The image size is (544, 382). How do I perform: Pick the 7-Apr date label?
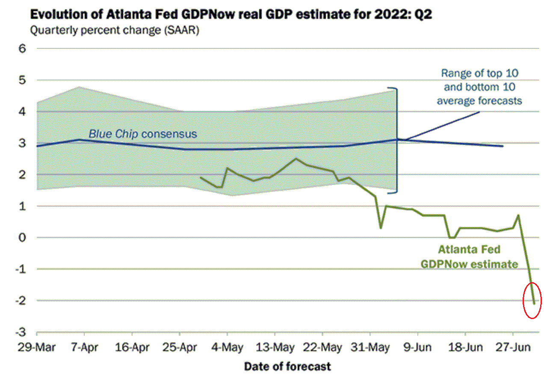pos(84,347)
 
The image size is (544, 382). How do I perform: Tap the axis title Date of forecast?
pos(287,367)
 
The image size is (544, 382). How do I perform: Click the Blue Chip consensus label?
pos(143,134)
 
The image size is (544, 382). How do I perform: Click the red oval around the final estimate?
pos(532,300)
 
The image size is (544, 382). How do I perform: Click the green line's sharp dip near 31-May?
pos(381,228)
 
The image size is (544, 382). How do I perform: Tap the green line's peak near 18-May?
pos(296,158)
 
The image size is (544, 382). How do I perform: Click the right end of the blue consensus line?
pos(503,146)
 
